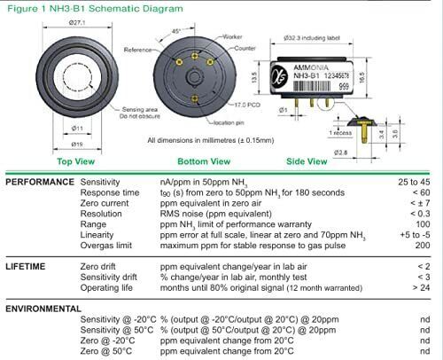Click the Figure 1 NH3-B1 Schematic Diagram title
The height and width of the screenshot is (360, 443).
pyautogui.click(x=94, y=9)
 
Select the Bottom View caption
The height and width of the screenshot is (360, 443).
pyautogui.click(x=205, y=162)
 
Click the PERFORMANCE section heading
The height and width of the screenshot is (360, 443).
pyautogui.click(x=39, y=182)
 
